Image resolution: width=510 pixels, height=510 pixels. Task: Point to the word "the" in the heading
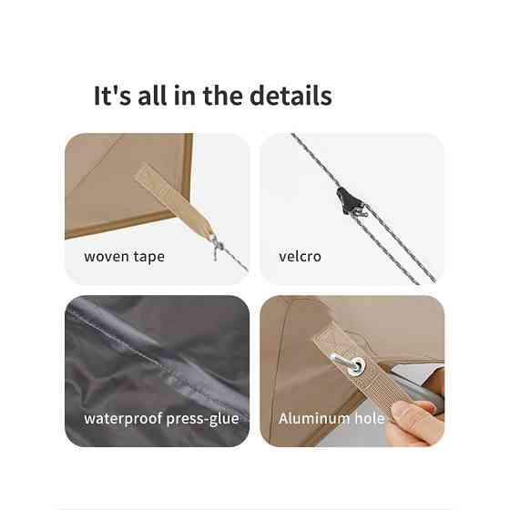pos(223,96)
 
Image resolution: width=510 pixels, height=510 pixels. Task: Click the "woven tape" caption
pos(124,257)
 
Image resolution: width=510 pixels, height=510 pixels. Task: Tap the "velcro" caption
pos(300,256)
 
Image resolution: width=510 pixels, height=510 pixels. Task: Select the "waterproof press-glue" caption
pos(161,419)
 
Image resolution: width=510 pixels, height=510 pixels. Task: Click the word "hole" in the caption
pos(369,418)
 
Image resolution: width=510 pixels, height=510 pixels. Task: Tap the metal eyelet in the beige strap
pos(357,364)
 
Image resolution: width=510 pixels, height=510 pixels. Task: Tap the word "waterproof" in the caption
pos(123,419)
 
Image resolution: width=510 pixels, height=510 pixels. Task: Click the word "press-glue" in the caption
pos(202,419)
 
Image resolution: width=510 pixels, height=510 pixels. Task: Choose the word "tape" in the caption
pos(149,257)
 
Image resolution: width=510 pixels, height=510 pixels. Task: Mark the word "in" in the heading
pos(185,96)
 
